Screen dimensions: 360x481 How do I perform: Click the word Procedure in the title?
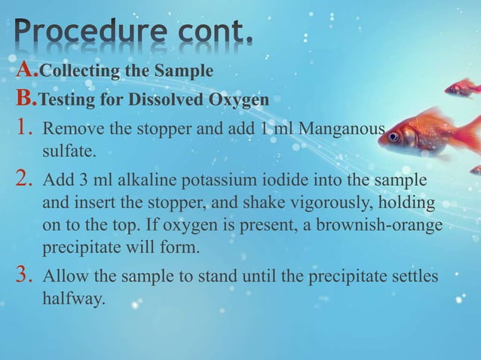pos(83,33)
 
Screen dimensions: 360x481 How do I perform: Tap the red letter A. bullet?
pos(26,71)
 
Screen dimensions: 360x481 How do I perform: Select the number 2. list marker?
pos(24,182)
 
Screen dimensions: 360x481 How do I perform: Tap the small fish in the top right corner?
pos(461,88)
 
